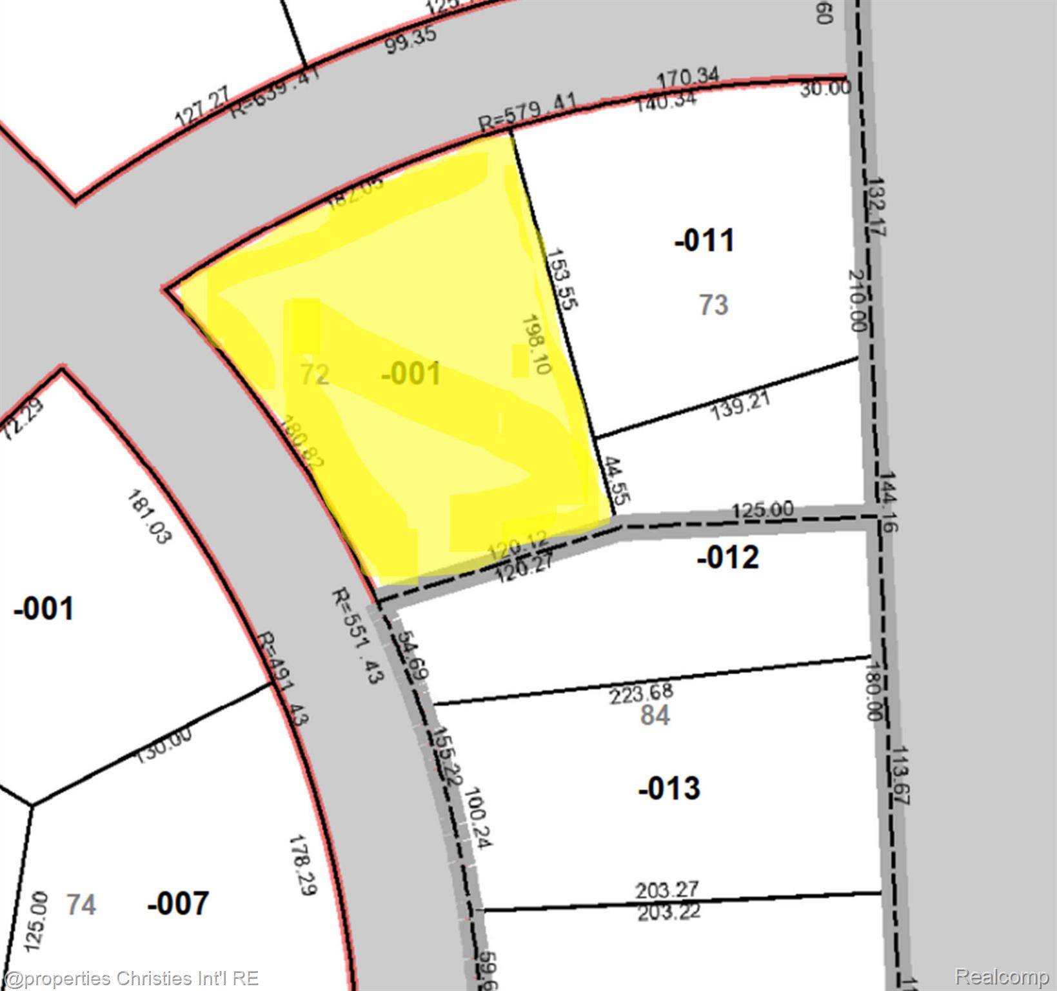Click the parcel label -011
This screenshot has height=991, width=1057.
[x=704, y=241]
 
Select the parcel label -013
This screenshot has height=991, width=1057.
[x=669, y=788]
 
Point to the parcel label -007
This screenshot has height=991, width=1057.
[x=178, y=903]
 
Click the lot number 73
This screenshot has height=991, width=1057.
[x=714, y=305]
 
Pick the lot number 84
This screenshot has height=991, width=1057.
[x=655, y=715]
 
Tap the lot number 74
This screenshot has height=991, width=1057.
[x=81, y=905]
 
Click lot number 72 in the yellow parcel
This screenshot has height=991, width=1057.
[x=315, y=374]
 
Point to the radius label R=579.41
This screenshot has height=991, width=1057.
[x=528, y=112]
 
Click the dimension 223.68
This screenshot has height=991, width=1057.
[x=642, y=694]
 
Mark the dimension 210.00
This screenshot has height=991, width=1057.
[x=856, y=300]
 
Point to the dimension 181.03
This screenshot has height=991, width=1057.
[x=149, y=517]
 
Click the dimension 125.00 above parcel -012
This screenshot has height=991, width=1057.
[x=763, y=510]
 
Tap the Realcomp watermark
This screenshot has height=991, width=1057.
[x=1001, y=977]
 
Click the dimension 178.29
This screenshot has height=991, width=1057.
[x=302, y=865]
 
